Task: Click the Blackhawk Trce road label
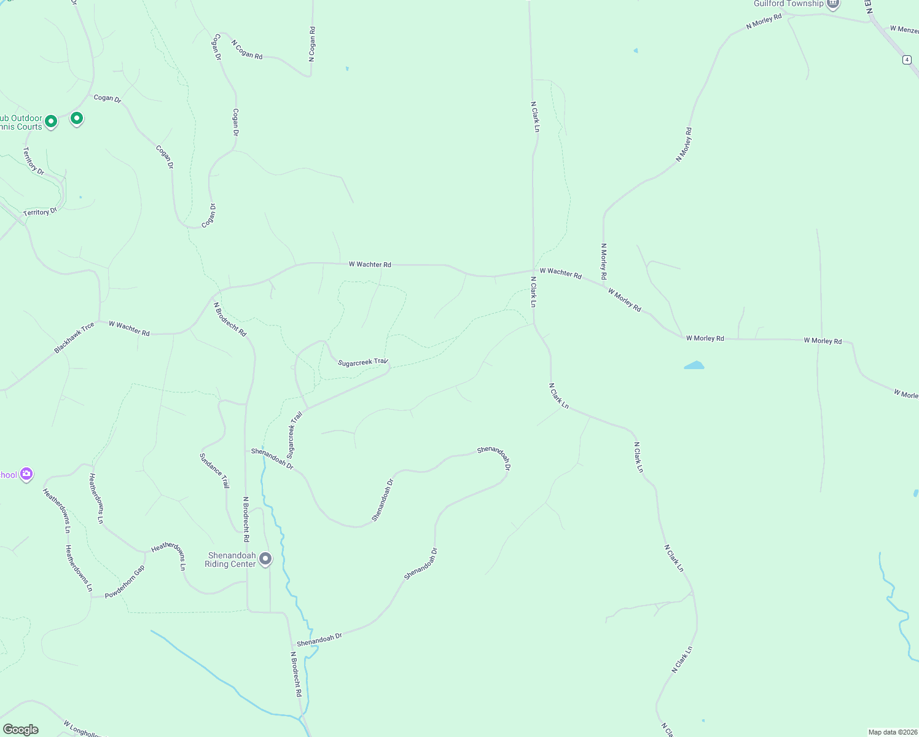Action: pos(74,338)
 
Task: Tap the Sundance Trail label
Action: pos(214,471)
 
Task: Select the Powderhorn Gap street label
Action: pos(125,582)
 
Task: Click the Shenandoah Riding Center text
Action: pos(231,560)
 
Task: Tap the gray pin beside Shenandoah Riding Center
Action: pos(265,558)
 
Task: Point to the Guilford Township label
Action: pos(788,4)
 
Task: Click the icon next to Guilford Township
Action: pos(833,4)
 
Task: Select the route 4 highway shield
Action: pos(907,60)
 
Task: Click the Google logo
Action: pos(20,730)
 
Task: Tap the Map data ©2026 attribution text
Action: pos(892,732)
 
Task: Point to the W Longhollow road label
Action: pos(84,729)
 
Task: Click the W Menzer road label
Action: pos(904,29)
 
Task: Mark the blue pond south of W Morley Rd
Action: pos(694,365)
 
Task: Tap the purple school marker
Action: pos(26,474)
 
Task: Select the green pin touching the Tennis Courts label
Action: pos(51,121)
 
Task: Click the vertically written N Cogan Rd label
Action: pos(312,44)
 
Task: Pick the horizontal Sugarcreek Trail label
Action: pos(363,362)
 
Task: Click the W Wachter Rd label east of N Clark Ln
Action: pos(560,273)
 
